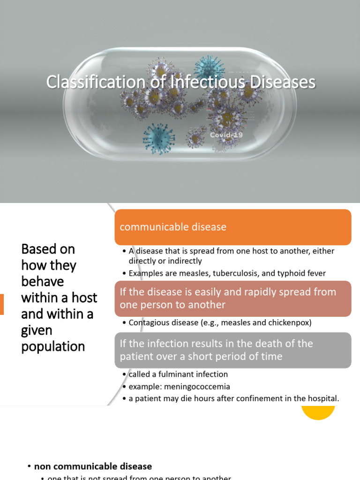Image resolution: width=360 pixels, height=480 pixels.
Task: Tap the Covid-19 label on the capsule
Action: pyautogui.click(x=226, y=135)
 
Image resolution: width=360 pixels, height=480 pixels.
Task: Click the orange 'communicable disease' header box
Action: pyautogui.click(x=232, y=227)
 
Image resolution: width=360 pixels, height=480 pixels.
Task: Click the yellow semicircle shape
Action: pyautogui.click(x=318, y=412)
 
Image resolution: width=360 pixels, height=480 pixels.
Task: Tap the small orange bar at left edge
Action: pyautogui.click(x=1, y=304)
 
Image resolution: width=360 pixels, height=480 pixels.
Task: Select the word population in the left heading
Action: pyautogui.click(x=53, y=346)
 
